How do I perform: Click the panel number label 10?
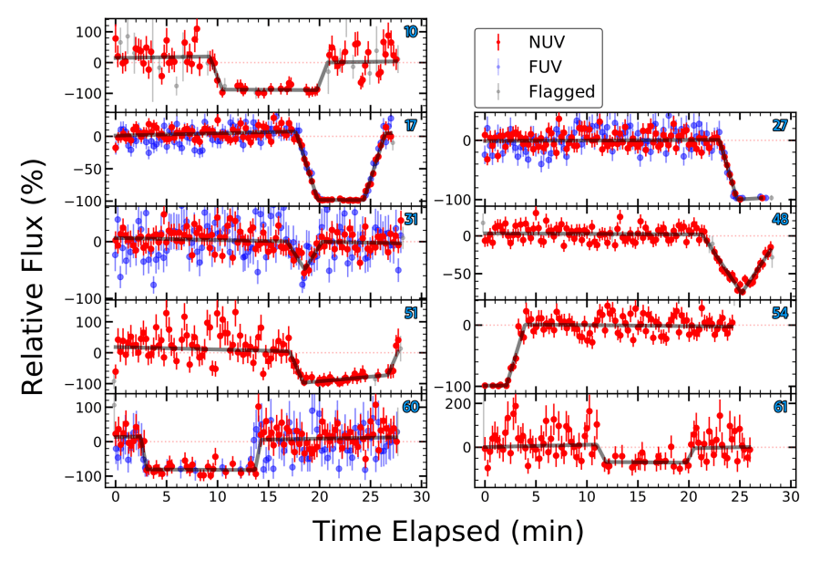point(411,32)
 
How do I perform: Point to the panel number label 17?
point(411,126)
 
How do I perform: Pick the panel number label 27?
point(780,126)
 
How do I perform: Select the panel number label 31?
point(411,220)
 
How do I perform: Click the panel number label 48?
point(780,220)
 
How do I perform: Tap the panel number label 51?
point(411,314)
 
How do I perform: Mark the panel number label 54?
point(780,314)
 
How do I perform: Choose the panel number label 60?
point(411,408)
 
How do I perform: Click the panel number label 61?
point(780,408)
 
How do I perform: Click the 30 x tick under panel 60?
point(421,499)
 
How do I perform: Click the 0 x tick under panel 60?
point(116,499)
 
